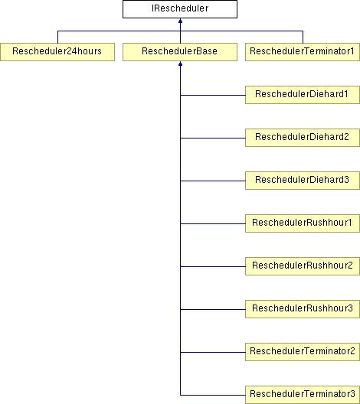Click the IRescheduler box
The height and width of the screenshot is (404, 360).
pyautogui.click(x=180, y=9)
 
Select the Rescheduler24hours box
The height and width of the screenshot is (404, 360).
pyautogui.click(x=57, y=52)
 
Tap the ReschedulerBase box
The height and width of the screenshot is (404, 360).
pyautogui.click(x=180, y=52)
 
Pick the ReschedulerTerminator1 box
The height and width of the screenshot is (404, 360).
pyautogui.click(x=303, y=52)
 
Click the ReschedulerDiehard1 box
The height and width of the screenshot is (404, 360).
pyautogui.click(x=303, y=95)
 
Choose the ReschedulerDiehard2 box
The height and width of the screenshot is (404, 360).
pyautogui.click(x=303, y=138)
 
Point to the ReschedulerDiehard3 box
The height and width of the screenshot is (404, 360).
pyautogui.click(x=303, y=181)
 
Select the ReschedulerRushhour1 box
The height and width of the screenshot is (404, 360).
pyautogui.click(x=303, y=223)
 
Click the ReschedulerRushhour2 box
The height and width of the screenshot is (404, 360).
pyautogui.click(x=303, y=266)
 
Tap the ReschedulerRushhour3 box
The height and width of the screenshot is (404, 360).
pyautogui.click(x=303, y=309)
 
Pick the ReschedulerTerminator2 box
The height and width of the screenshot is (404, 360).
pyautogui.click(x=303, y=352)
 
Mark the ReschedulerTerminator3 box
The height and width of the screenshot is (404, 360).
pyautogui.click(x=303, y=395)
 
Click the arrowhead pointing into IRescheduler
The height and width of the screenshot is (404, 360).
pyautogui.click(x=180, y=21)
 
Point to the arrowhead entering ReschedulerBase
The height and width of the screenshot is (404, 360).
pyautogui.click(x=180, y=64)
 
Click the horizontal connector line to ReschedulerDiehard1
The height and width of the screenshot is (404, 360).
pyautogui.click(x=213, y=95)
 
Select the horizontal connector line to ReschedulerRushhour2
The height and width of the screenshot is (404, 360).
pyautogui.click(x=213, y=266)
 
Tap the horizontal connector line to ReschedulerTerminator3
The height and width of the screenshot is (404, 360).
pyautogui.click(x=213, y=395)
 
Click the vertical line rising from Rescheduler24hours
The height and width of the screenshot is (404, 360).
pyautogui.click(x=57, y=37)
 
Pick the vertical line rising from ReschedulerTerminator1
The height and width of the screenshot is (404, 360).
pyautogui.click(x=303, y=37)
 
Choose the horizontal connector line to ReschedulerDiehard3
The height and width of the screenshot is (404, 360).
pyautogui.click(x=213, y=181)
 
